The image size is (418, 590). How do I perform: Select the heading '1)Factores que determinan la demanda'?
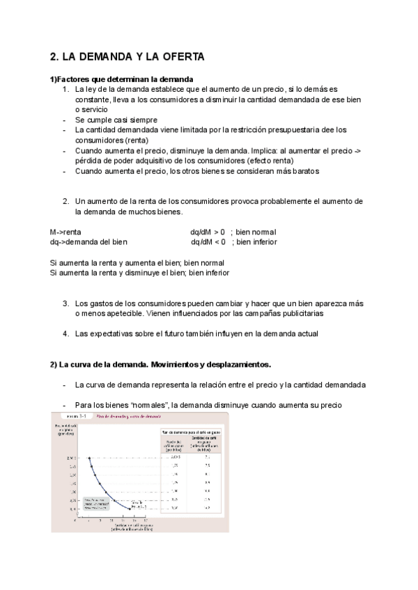(x=121, y=79)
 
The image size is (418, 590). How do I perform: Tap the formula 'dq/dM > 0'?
(x=208, y=232)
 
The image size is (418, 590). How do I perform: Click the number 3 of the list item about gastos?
(x=65, y=303)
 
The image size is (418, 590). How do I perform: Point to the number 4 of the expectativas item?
(x=65, y=333)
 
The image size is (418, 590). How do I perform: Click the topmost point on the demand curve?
(x=89, y=458)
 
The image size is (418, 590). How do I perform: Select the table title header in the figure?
(x=189, y=433)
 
